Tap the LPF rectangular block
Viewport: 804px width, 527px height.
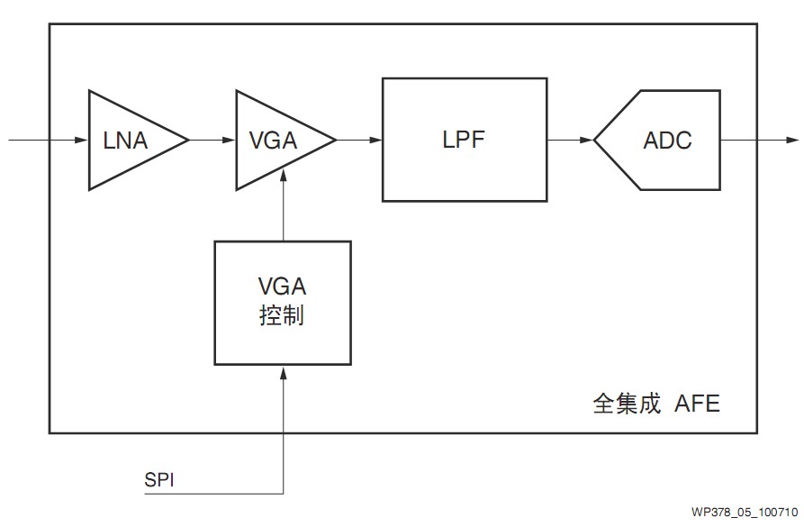[465, 140]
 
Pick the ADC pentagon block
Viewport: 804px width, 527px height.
[663, 141]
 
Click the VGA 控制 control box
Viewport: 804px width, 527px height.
[282, 302]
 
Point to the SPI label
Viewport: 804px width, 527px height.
[159, 479]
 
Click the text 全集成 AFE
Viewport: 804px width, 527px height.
[656, 403]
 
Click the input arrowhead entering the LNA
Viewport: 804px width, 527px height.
[81, 141]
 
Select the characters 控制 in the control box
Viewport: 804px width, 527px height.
[282, 316]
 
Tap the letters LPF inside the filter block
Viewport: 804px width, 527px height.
[465, 140]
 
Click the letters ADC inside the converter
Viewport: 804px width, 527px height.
[667, 141]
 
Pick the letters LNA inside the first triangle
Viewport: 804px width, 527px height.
[125, 141]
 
